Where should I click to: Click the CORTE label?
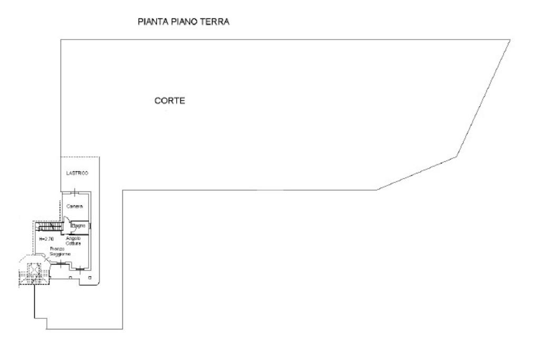(169, 101)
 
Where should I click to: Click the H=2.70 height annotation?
(46, 239)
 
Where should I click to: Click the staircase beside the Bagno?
(49, 227)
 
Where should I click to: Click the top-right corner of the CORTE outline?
(510, 40)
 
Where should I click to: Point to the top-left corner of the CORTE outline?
(61, 40)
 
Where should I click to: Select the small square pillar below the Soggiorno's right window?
(90, 277)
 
